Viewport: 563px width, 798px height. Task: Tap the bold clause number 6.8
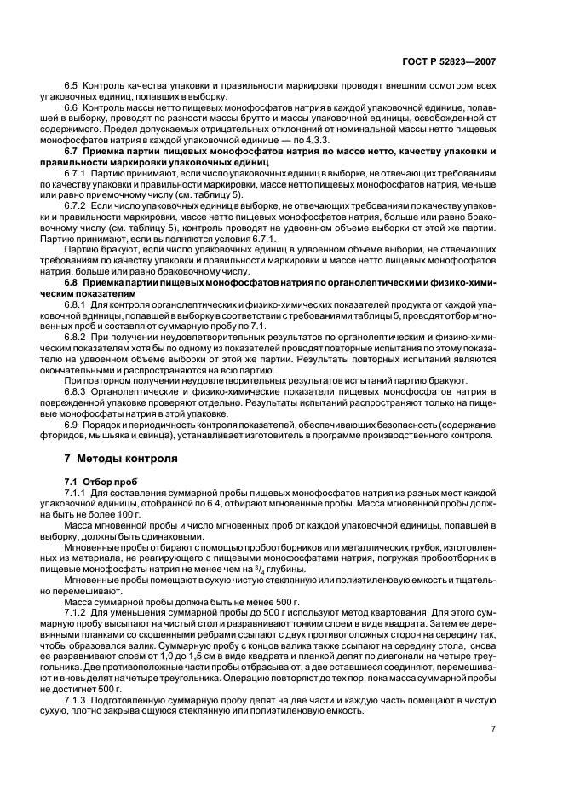point(72,257)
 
